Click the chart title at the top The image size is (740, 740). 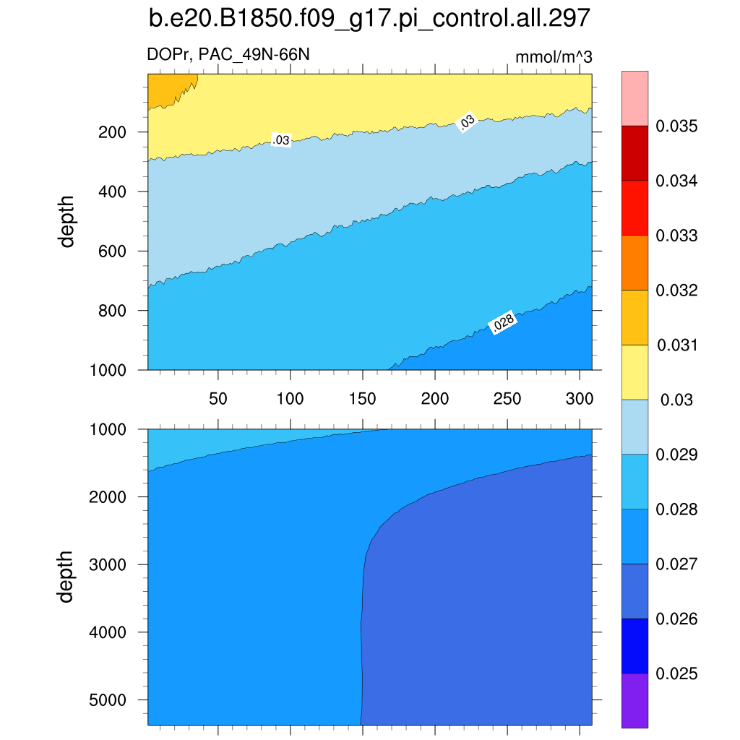pos(369,19)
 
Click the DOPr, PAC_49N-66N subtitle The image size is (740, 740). pos(229,53)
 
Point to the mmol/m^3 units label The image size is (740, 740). pos(554,58)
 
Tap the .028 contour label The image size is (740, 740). pos(503,325)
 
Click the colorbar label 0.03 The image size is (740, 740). pos(676,400)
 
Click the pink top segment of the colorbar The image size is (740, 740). pos(634,98)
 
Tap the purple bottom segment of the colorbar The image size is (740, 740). pos(634,700)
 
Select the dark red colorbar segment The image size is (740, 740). pos(634,153)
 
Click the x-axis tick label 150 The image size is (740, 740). pos(362,399)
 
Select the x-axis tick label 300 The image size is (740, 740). pos(580,399)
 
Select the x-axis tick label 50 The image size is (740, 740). pos(218,399)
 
